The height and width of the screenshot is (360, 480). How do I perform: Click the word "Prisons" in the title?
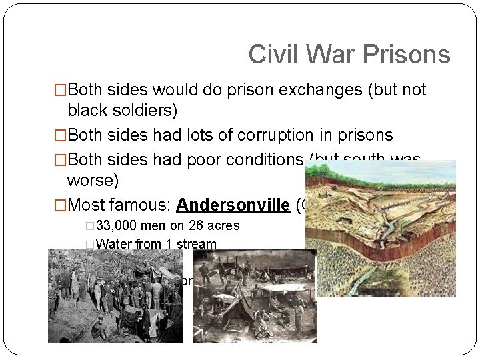tap(413, 54)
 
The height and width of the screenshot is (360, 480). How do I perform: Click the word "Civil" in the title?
tap(268, 54)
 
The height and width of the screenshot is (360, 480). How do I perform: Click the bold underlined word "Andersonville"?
tap(232, 205)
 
